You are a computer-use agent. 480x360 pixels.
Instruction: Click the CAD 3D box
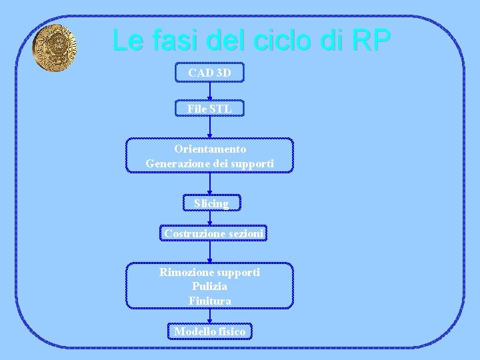[x=210, y=72]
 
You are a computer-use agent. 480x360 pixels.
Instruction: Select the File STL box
[x=210, y=107]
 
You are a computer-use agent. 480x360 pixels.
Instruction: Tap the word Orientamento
[x=210, y=149]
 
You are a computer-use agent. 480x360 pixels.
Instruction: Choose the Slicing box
[x=211, y=203]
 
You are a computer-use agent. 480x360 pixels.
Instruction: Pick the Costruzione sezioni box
[x=214, y=233]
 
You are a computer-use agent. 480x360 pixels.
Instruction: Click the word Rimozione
[x=183, y=272]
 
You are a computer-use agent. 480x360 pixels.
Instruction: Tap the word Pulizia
[x=210, y=287]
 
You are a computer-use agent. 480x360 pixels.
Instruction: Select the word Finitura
[x=210, y=301]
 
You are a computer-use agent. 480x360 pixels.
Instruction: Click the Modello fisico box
[x=210, y=331]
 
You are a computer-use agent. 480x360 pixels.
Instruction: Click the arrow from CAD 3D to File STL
[x=210, y=91]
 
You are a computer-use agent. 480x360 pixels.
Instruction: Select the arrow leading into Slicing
[x=210, y=183]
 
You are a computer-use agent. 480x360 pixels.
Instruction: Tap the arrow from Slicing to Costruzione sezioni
[x=210, y=218]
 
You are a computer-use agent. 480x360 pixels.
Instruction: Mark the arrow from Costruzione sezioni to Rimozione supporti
[x=210, y=251]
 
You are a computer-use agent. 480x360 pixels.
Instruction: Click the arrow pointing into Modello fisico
[x=210, y=316]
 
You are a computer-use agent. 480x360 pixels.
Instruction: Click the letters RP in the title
[x=369, y=40]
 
